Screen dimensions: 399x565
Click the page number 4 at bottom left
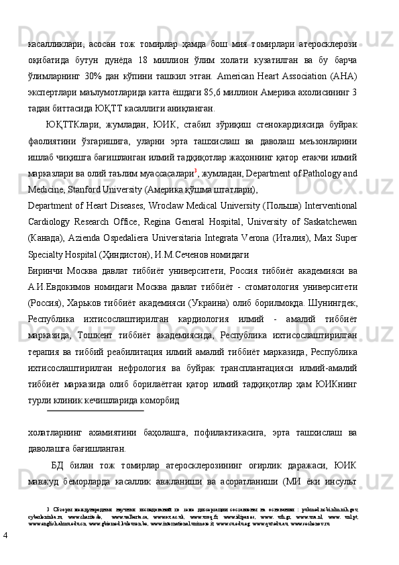[5, 535]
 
